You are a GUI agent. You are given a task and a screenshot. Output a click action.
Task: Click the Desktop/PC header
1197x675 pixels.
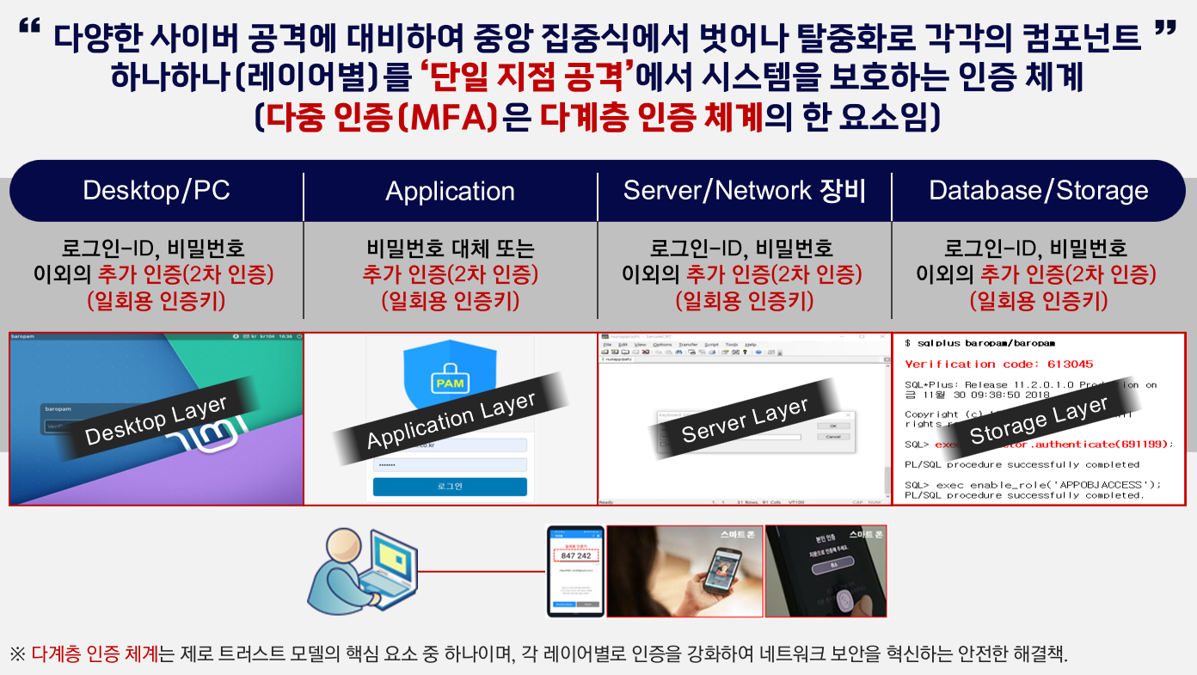point(157,190)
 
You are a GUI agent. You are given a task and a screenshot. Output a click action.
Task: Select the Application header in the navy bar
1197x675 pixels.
point(450,191)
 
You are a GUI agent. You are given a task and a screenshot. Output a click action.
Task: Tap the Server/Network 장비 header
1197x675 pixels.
point(744,190)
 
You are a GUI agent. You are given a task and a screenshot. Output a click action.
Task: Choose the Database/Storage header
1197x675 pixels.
point(1039,190)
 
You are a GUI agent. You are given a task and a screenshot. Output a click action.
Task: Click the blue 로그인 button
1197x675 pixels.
point(450,487)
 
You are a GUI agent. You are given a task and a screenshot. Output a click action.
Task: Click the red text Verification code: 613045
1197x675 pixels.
point(999,364)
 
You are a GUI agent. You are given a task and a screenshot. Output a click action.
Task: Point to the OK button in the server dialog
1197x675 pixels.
point(832,426)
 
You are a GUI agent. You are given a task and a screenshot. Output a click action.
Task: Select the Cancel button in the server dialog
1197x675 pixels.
point(832,437)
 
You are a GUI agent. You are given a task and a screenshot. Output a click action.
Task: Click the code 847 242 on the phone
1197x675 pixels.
point(575,555)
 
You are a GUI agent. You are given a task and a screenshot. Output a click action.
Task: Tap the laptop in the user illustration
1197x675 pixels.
point(387,572)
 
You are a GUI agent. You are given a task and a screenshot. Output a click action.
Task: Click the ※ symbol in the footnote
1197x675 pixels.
point(17,654)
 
